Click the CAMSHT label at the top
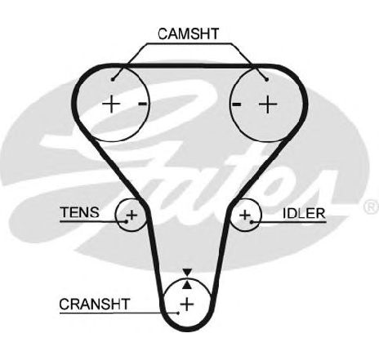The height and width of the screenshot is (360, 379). coord(188,34)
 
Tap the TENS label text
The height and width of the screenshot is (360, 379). coord(79,212)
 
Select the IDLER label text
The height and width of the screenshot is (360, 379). coord(304,213)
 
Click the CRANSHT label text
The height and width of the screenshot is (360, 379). coord(94,304)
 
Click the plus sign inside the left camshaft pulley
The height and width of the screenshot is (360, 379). coord(111,104)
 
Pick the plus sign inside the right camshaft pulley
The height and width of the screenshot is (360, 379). coord(268,104)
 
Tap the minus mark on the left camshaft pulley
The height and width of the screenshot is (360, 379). coord(143,104)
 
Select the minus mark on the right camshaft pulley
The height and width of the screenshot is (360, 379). coord(236,104)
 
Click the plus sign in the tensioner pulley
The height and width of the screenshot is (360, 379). coord(132,215)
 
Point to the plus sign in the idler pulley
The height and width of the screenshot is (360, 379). coord(245,215)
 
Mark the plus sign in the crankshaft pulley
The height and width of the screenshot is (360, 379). coord(187,304)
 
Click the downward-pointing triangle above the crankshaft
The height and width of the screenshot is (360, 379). coord(187,273)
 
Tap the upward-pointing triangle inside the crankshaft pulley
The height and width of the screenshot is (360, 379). coord(187,285)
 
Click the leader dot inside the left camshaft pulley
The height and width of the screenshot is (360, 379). coord(113,79)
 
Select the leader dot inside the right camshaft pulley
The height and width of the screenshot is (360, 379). coord(267,79)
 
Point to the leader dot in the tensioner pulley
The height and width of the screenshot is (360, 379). coord(127,222)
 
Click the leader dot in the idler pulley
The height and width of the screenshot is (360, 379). coord(252,222)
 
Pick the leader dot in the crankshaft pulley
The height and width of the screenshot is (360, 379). coord(178,313)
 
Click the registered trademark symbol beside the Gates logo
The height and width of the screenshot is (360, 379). coord(371,207)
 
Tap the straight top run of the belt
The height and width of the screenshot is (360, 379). coord(189,66)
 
